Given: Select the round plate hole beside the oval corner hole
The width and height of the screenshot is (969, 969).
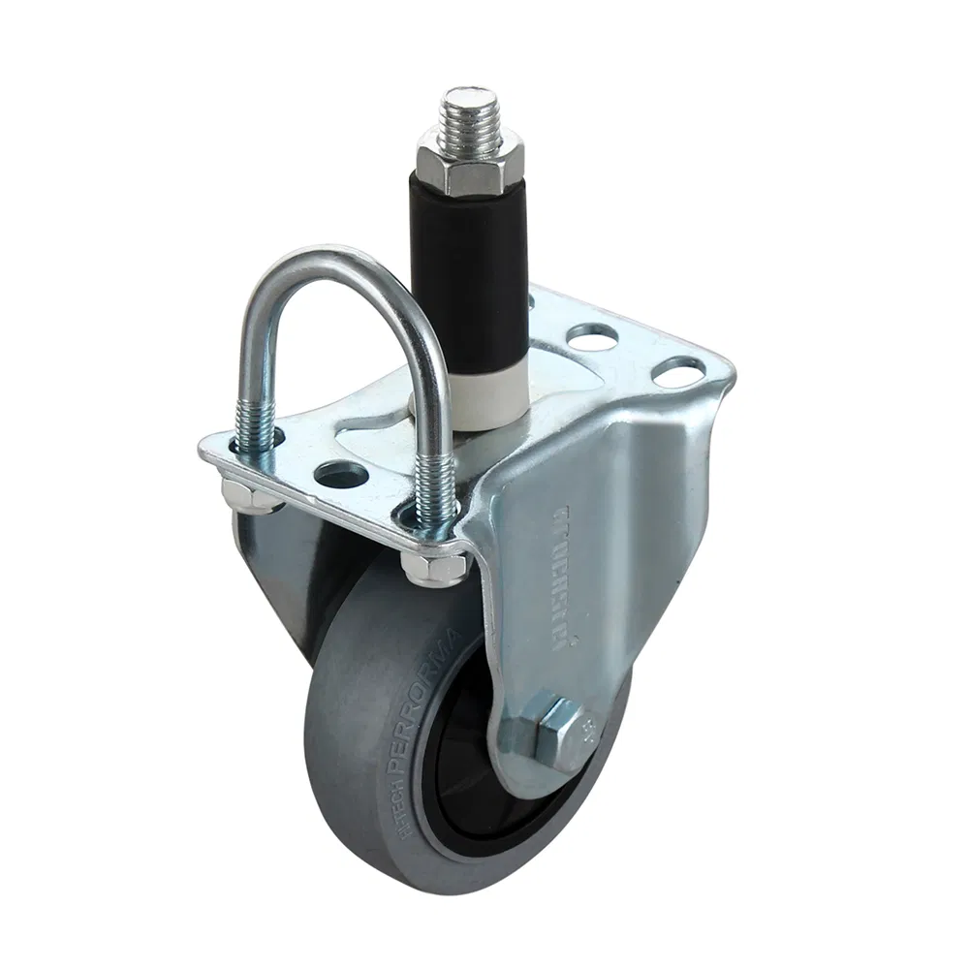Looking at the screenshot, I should (593, 337).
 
